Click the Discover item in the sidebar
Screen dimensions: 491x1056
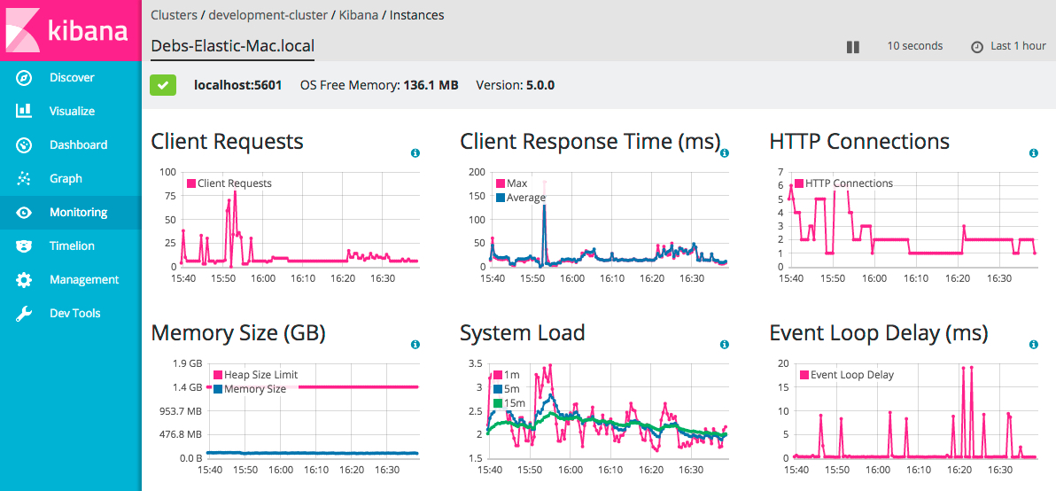point(71,78)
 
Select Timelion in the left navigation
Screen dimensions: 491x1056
point(71,246)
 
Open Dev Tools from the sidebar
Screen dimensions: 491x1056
point(74,314)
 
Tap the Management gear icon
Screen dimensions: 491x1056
point(25,280)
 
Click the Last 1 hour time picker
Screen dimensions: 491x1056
point(1009,46)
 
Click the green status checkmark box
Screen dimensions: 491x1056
point(163,85)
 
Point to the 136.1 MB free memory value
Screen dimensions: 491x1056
point(431,86)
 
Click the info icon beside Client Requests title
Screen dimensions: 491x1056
point(415,153)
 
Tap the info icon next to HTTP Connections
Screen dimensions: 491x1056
point(1034,153)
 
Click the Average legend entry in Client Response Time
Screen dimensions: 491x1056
point(525,198)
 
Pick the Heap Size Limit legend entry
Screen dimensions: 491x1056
point(260,375)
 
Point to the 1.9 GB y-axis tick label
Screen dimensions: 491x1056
point(188,363)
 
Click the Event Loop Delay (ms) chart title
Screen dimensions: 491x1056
point(879,334)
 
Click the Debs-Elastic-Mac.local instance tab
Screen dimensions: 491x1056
point(233,46)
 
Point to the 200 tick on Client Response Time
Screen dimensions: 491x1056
point(477,172)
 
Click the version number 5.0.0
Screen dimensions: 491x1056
point(540,86)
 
